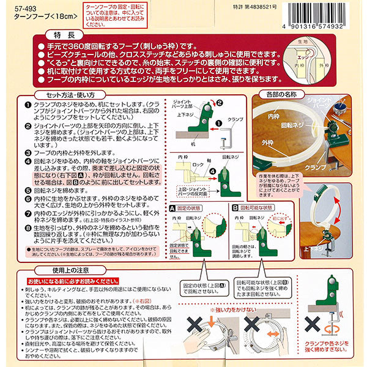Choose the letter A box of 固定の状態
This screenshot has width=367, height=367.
(172, 209)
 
